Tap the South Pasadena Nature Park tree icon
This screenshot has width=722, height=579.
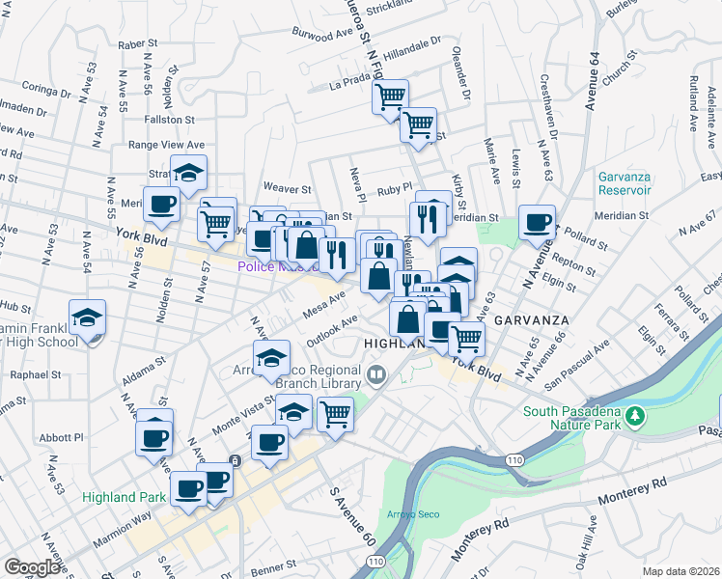[635, 416]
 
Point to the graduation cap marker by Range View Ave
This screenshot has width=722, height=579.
[189, 174]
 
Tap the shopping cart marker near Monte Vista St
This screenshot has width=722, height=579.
[335, 415]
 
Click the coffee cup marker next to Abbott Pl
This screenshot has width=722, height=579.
[154, 440]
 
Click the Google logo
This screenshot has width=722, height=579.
[32, 567]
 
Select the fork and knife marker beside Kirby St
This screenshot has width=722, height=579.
[431, 217]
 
